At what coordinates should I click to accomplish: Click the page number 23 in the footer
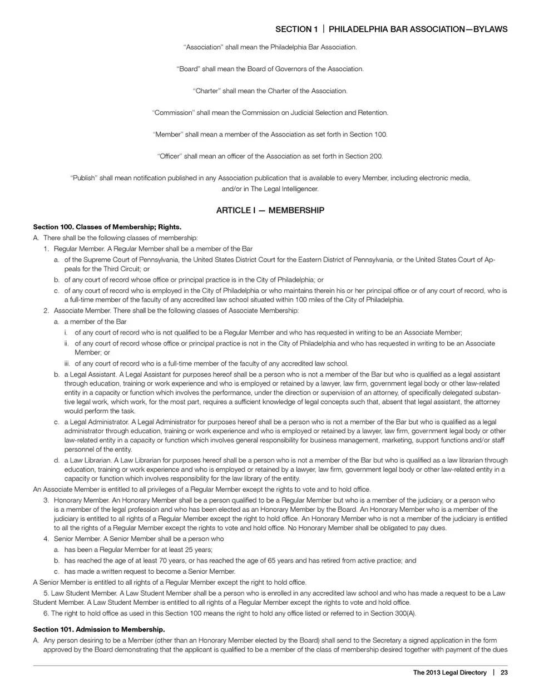click(x=504, y=673)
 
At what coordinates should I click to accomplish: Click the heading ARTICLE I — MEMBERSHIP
click(x=270, y=210)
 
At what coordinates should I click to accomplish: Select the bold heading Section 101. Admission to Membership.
click(x=99, y=629)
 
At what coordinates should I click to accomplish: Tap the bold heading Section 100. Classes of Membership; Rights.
click(x=107, y=227)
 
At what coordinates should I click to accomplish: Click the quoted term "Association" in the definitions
click(x=203, y=47)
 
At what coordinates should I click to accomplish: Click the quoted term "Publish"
click(x=83, y=178)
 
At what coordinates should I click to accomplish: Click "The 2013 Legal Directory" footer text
click(x=449, y=673)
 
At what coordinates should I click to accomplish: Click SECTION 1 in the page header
click(x=296, y=29)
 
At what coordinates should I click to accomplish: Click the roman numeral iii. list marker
click(x=67, y=363)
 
